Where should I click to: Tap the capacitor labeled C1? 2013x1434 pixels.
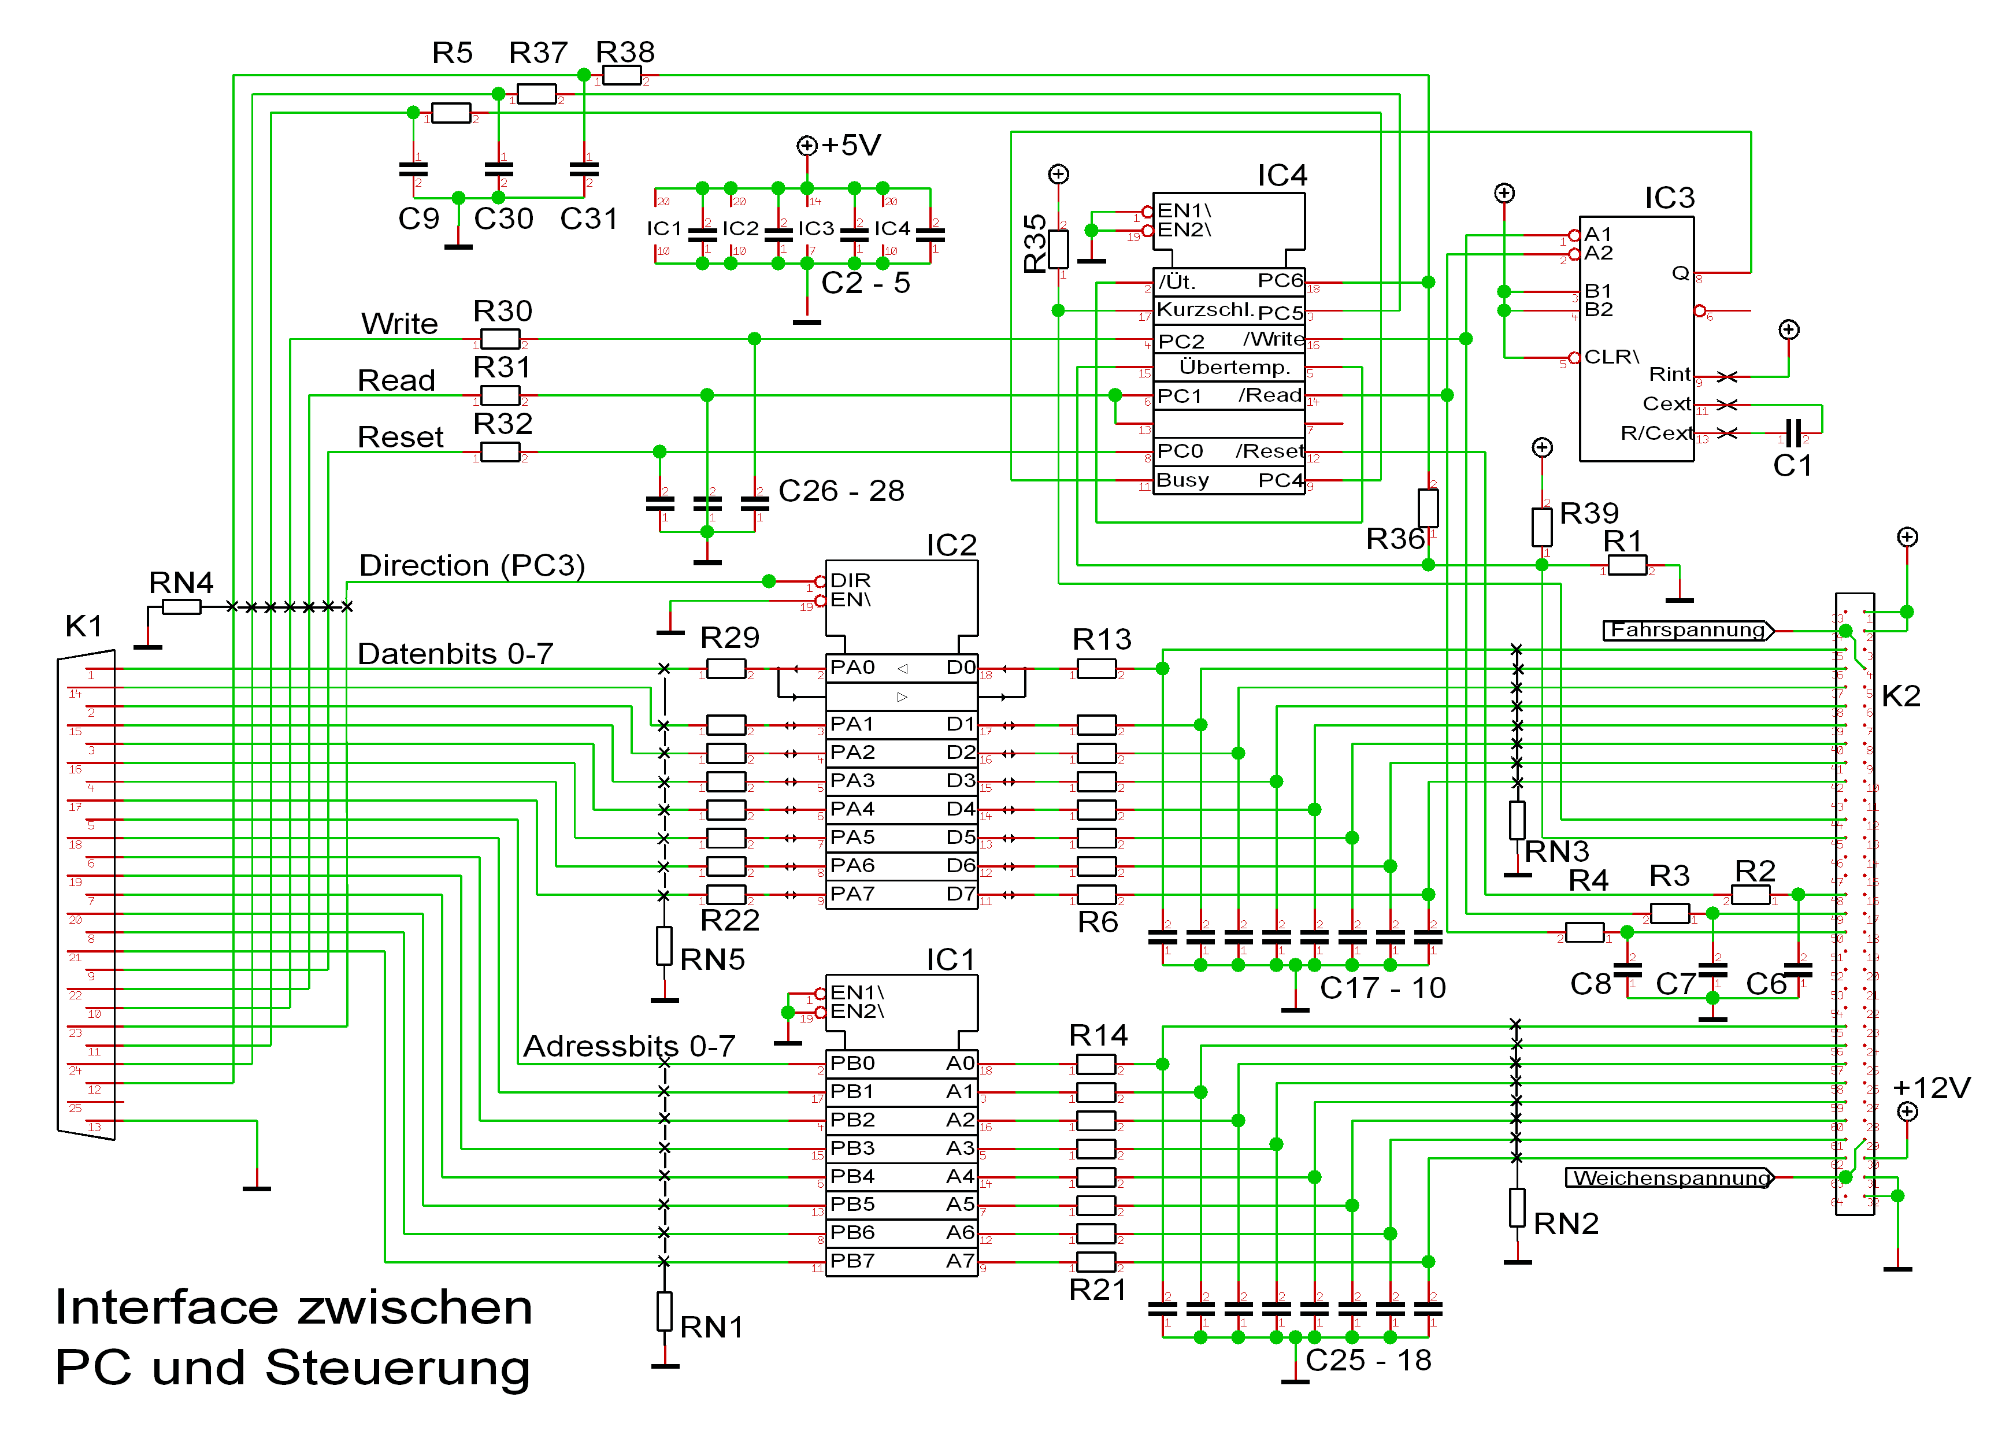(x=1792, y=433)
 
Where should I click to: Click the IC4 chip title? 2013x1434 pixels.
(x=1281, y=175)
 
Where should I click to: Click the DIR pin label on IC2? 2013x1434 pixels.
(x=850, y=580)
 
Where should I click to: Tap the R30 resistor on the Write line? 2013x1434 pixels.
(x=500, y=339)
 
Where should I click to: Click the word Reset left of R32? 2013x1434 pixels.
(x=400, y=437)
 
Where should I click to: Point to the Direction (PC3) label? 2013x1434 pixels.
(x=472, y=565)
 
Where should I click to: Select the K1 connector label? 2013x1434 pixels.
(x=84, y=626)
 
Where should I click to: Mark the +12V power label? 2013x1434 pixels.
(x=1932, y=1088)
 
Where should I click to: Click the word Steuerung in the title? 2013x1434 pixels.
(x=397, y=1368)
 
